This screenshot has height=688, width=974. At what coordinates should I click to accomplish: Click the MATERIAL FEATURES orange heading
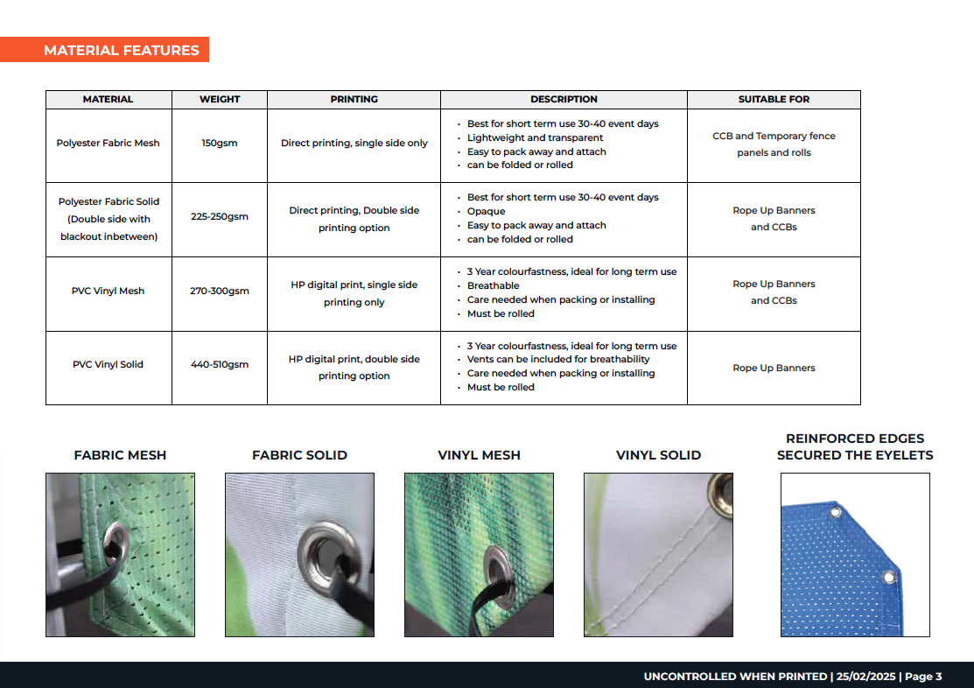click(121, 51)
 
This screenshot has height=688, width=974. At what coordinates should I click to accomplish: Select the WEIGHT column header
click(220, 100)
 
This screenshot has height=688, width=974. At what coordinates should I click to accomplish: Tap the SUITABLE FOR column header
click(774, 100)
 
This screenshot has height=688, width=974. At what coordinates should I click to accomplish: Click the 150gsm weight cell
click(220, 143)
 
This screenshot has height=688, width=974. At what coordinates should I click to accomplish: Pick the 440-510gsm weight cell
click(220, 365)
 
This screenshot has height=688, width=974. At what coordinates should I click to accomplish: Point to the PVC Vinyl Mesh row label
click(109, 291)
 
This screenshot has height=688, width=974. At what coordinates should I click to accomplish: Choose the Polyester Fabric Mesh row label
click(109, 143)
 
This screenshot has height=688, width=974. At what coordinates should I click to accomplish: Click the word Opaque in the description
click(487, 211)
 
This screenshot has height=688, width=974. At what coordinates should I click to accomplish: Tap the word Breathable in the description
click(494, 286)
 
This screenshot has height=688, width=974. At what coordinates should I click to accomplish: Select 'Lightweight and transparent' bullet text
click(535, 138)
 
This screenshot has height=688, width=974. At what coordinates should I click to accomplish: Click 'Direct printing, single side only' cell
click(354, 143)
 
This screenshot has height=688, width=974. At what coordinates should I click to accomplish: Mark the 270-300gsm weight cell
click(220, 291)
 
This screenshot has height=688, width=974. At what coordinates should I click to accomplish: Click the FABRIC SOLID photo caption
click(299, 455)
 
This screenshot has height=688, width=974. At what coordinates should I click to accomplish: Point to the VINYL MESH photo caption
click(479, 455)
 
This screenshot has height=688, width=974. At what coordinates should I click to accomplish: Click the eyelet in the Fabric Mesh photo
click(116, 544)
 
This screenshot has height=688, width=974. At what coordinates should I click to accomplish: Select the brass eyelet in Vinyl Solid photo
click(721, 495)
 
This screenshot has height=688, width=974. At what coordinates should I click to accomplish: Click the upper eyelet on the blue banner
click(836, 513)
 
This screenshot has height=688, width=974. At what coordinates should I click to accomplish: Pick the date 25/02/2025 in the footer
click(865, 677)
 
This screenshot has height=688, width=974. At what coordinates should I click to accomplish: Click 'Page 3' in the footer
click(923, 677)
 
